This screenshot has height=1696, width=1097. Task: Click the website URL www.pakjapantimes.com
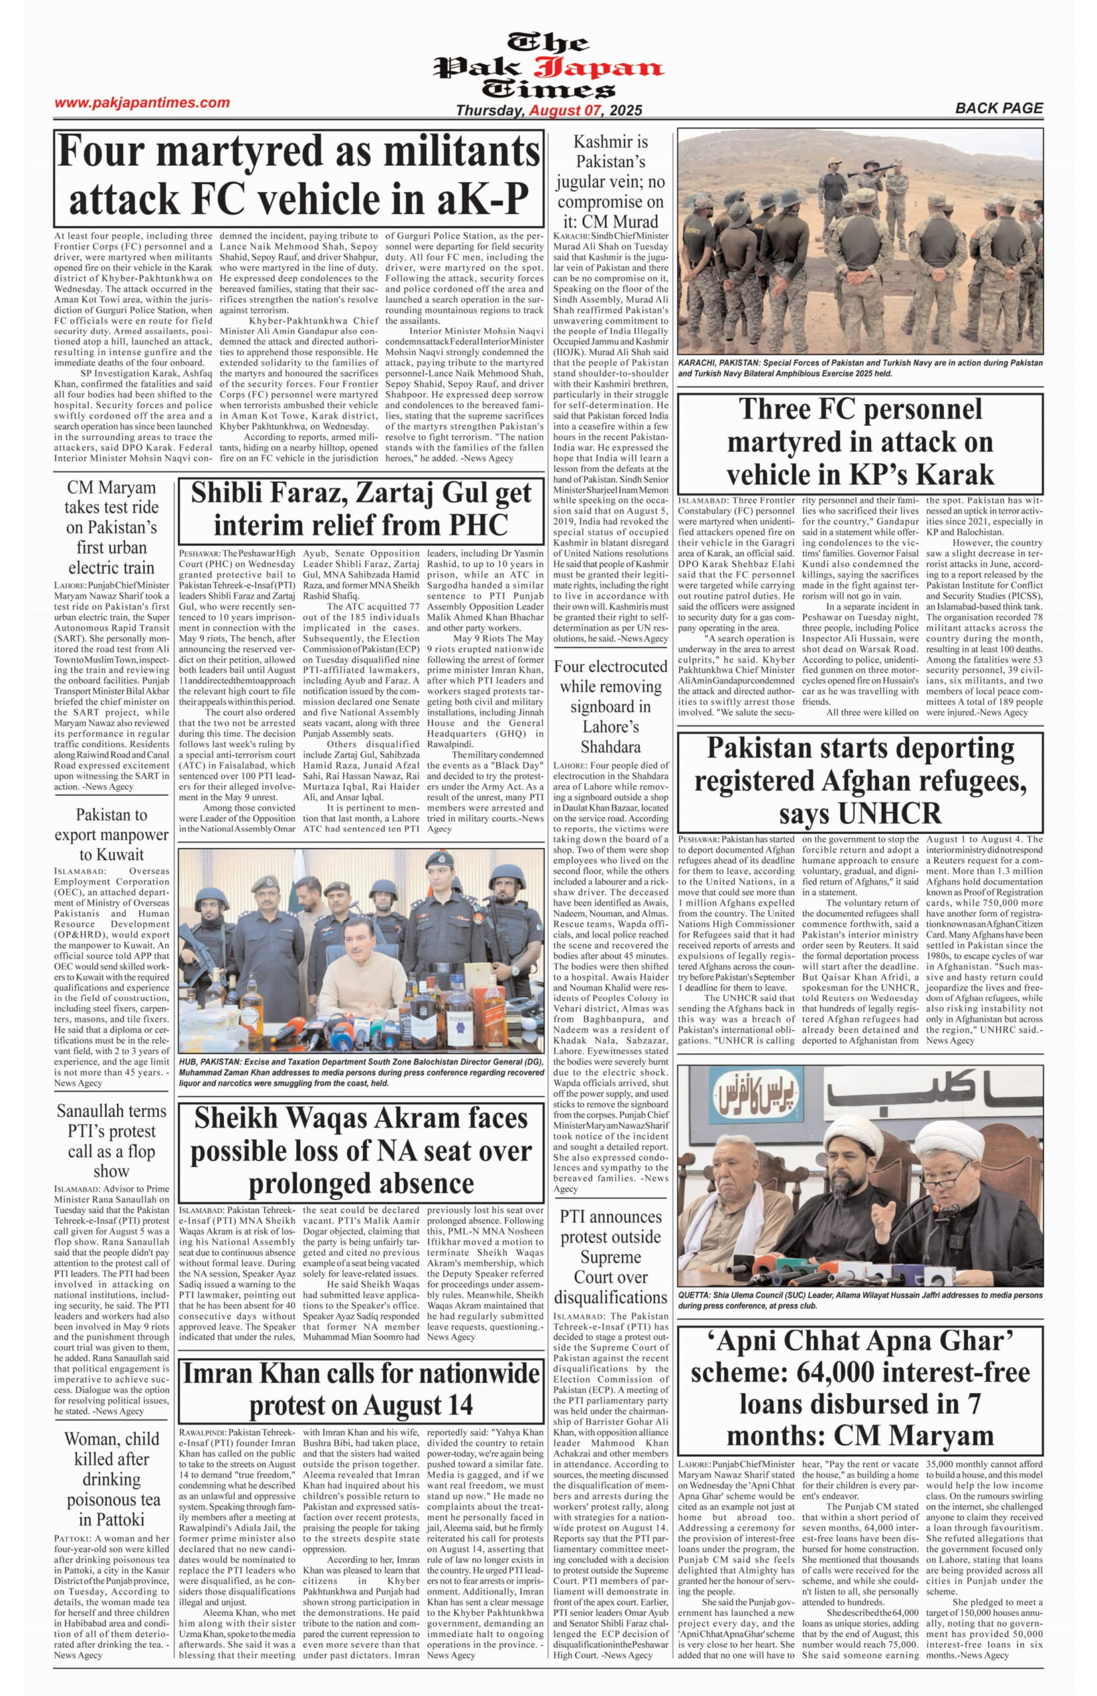pos(142,103)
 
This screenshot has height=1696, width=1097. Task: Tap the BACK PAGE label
pos(998,108)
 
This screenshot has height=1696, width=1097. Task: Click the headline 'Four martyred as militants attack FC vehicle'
pos(299,175)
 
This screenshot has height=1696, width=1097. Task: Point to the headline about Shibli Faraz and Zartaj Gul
pos(360,509)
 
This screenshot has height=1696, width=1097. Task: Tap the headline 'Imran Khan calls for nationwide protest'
pos(360,1390)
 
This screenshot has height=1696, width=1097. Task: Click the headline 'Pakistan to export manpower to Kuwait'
pos(111,834)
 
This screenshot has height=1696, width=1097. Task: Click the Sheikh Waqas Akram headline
pos(360,1149)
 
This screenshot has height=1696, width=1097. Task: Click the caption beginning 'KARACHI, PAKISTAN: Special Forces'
pos(860,368)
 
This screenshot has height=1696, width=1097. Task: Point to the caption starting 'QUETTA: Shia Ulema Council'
pos(860,1299)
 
